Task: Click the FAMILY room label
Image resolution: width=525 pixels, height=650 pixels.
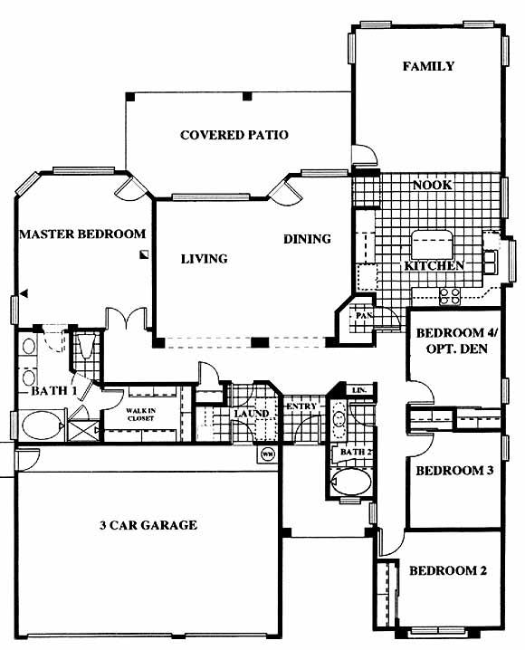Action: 428,66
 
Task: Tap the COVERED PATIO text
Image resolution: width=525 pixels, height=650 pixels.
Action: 234,135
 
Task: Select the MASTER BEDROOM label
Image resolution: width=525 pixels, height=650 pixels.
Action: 82,234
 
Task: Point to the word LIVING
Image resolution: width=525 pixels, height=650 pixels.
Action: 205,259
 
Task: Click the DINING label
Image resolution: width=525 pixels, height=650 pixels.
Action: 307,239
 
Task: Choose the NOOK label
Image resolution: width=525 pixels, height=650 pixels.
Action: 432,185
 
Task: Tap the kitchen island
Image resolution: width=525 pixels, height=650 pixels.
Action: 432,244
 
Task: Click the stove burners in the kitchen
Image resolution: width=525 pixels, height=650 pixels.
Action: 450,296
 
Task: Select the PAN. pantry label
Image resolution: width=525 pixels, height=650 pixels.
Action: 364,315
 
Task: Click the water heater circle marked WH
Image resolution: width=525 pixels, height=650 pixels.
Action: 268,454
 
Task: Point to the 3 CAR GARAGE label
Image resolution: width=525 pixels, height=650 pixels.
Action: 148,525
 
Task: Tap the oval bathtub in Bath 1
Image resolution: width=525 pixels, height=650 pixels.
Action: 42,425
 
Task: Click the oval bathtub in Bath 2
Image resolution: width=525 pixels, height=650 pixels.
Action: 352,482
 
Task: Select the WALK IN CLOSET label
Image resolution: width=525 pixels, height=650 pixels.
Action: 141,415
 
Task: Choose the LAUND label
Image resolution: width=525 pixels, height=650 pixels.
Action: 252,414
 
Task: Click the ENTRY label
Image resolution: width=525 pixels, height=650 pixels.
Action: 301,406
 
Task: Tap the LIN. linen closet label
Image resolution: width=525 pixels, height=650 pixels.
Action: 358,390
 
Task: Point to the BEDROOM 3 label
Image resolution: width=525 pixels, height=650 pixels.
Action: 454,471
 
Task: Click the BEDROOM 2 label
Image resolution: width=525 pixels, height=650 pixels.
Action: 448,570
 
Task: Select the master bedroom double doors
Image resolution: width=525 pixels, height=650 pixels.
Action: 127,318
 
